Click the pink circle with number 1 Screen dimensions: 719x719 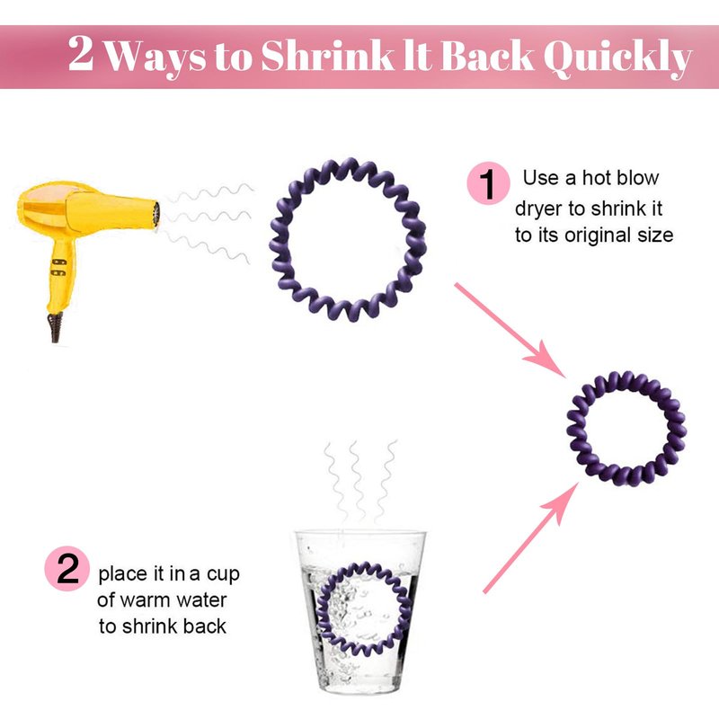488,182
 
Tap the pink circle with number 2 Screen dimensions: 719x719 67,568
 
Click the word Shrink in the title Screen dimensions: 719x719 327,56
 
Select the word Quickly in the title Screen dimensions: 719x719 617,58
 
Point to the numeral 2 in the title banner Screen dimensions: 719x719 81,53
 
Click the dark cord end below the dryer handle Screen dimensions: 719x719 56,327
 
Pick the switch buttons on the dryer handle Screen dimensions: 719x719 58,267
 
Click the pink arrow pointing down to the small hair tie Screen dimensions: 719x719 510,330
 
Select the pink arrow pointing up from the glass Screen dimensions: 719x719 530,537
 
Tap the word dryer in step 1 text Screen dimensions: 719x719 538,209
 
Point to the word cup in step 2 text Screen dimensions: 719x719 223,574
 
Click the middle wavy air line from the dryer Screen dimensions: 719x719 208,217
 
